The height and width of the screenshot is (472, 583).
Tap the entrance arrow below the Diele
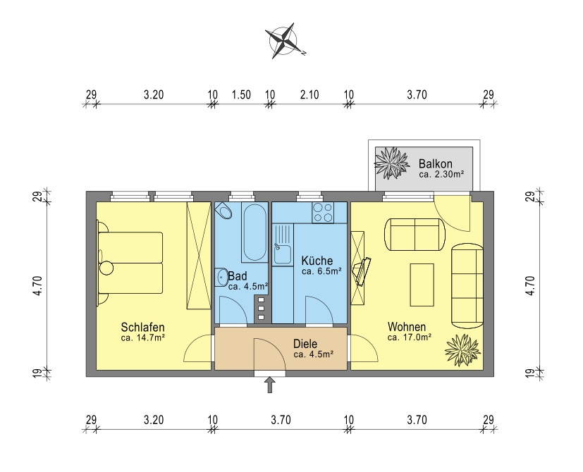pyautogui.click(x=270, y=385)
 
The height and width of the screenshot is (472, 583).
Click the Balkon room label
pyautogui.click(x=435, y=163)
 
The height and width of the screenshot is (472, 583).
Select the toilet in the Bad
pyautogui.click(x=223, y=211)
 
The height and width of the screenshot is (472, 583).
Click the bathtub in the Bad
pyautogui.click(x=254, y=232)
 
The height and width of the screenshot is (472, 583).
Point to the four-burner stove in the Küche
pyautogui.click(x=323, y=213)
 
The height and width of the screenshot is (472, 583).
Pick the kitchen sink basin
pyautogui.click(x=283, y=254)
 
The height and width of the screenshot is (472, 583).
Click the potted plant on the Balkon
pyautogui.click(x=391, y=163)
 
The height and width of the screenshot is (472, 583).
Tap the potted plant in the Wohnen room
pyautogui.click(x=462, y=350)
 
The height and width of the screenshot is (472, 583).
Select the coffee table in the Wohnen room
pyautogui.click(x=422, y=285)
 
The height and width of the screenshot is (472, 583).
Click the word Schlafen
pyautogui.click(x=143, y=328)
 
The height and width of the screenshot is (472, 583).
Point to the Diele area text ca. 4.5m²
pyautogui.click(x=313, y=354)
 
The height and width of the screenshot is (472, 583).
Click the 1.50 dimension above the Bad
pyautogui.click(x=241, y=95)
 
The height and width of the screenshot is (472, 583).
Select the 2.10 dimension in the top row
pyautogui.click(x=309, y=95)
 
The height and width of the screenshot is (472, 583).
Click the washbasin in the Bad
pyautogui.click(x=222, y=278)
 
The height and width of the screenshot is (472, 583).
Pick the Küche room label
pyautogui.click(x=317, y=261)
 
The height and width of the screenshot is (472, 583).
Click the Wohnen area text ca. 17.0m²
pyautogui.click(x=410, y=337)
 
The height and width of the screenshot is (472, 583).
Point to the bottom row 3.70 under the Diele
pyautogui.click(x=281, y=420)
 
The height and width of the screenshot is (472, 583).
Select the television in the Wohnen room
pyautogui.click(x=362, y=271)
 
